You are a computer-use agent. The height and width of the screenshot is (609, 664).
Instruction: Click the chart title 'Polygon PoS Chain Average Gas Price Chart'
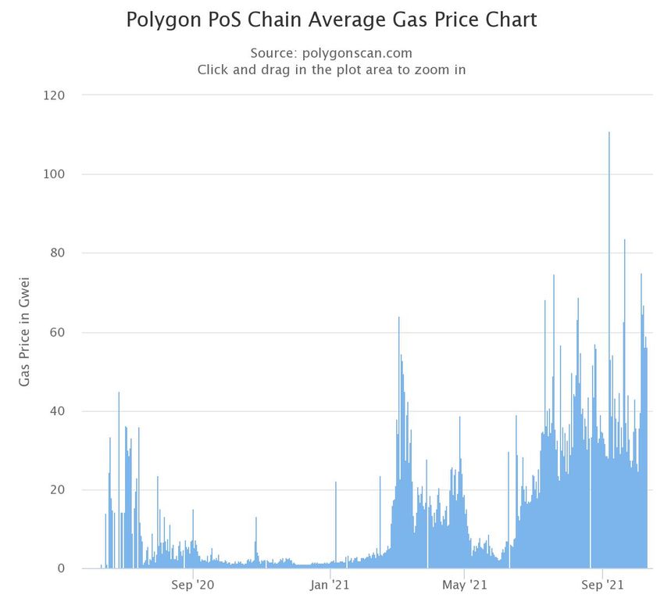click(x=331, y=20)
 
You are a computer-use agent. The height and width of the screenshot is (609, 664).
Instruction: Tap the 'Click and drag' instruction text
click(x=331, y=70)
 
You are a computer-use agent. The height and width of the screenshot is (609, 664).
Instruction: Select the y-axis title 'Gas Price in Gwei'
click(x=24, y=331)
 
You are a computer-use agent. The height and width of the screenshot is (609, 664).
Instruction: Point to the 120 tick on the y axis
click(x=55, y=95)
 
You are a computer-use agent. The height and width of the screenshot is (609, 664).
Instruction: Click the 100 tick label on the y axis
click(x=55, y=174)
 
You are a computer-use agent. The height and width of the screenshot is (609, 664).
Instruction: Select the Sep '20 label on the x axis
click(x=192, y=584)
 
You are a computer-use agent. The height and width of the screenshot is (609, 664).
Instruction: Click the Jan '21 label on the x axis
click(x=330, y=584)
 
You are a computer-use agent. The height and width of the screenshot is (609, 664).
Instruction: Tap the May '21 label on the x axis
click(x=464, y=584)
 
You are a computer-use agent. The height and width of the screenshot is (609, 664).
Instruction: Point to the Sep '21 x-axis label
click(x=603, y=584)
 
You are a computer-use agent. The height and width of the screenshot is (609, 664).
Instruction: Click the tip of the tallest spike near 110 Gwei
click(x=609, y=133)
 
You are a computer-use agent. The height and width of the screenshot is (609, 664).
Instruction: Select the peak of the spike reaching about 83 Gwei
click(x=624, y=240)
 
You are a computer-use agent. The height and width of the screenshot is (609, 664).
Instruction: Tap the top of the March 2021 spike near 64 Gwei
click(x=398, y=317)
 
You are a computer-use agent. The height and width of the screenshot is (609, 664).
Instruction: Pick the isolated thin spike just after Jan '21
click(x=336, y=482)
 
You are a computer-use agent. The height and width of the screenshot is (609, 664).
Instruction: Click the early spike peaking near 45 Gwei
click(x=119, y=392)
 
